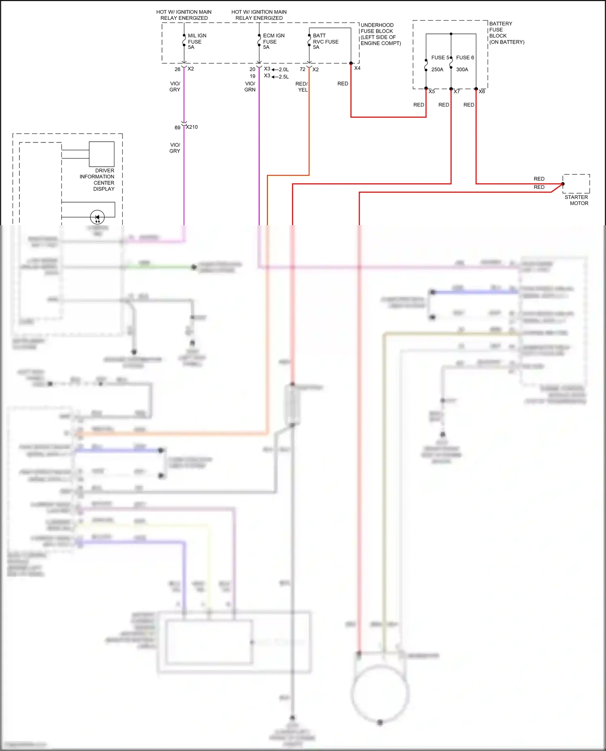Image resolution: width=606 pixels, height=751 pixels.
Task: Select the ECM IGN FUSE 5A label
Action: (273, 42)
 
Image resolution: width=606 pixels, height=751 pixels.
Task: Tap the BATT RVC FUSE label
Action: (325, 42)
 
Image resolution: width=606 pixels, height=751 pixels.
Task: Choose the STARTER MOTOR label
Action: (577, 200)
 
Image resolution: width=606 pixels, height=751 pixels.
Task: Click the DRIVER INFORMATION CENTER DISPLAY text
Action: (97, 180)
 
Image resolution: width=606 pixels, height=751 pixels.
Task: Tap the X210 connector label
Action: (192, 127)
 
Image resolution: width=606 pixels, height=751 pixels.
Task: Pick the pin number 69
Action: (177, 128)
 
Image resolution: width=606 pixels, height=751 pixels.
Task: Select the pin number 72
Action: (302, 69)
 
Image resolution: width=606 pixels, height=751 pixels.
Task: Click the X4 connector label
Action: (357, 68)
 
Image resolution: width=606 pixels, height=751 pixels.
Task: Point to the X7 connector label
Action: (457, 92)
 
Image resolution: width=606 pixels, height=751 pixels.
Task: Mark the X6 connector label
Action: (482, 92)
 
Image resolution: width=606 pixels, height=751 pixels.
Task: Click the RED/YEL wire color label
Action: (302, 87)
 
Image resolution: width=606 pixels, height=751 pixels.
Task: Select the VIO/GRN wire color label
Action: (250, 87)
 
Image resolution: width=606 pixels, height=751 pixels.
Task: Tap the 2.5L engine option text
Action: (284, 77)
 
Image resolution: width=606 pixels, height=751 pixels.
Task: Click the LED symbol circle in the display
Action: (97, 218)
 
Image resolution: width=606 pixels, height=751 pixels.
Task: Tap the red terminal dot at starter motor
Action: (563, 184)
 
